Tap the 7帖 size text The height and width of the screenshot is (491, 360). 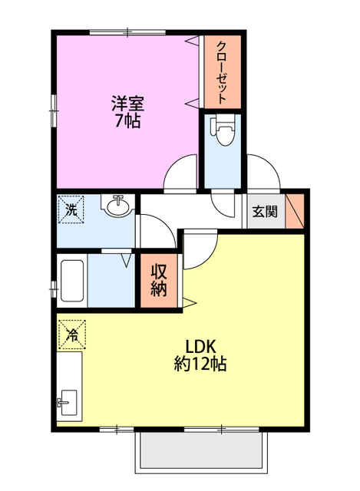click(x=127, y=121)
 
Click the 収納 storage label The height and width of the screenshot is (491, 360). click(x=159, y=280)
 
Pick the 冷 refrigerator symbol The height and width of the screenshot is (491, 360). click(x=71, y=334)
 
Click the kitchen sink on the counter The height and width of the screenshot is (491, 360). click(x=68, y=401)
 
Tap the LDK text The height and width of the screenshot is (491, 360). click(x=198, y=344)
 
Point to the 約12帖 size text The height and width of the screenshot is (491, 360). click(x=199, y=364)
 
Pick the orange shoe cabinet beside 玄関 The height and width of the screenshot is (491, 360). click(x=295, y=211)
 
